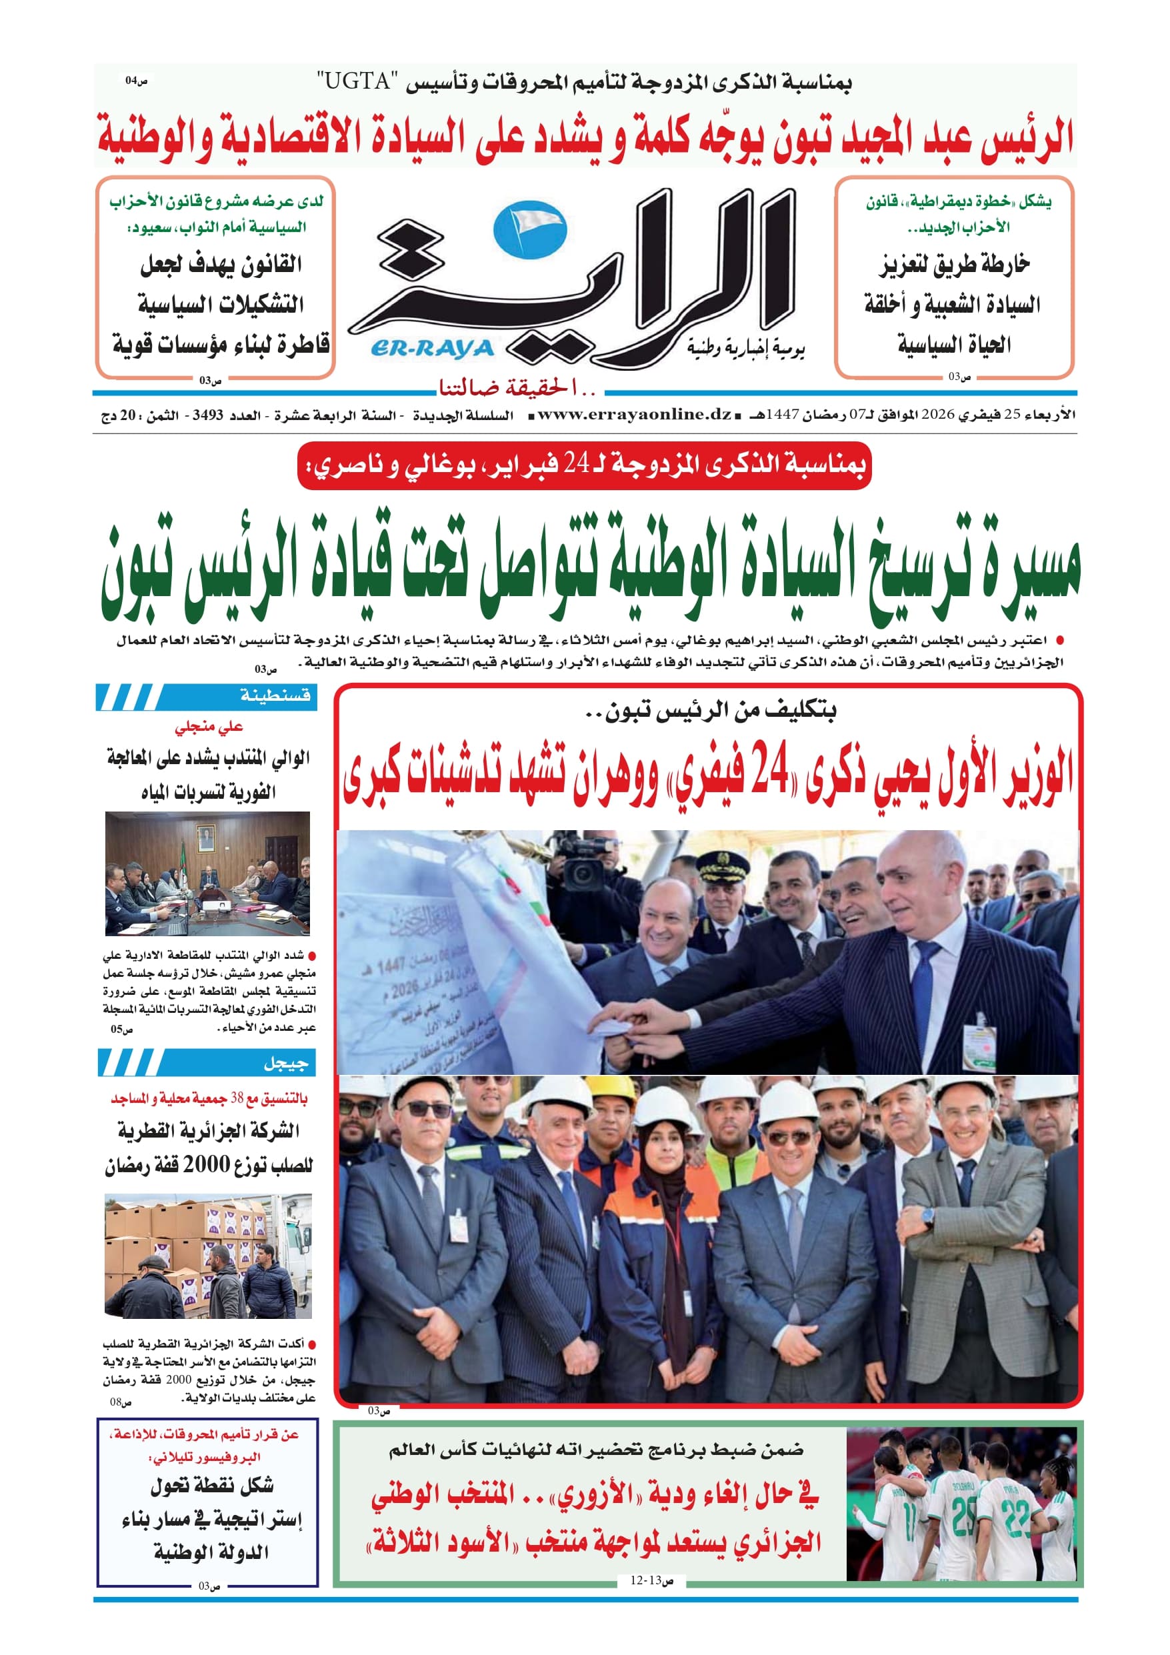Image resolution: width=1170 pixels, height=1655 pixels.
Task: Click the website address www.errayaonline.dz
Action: pos(635,415)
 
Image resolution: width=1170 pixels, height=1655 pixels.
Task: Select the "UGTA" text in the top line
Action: pos(357,82)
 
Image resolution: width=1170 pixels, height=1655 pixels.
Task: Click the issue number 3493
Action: pos(207,416)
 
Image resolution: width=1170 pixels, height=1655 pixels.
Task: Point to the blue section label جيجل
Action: pos(285,1062)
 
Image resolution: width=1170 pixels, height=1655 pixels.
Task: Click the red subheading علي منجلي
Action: pos(209,727)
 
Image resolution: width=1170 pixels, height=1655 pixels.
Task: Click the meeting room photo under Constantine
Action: pos(207,873)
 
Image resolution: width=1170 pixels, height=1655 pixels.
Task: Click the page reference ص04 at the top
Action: pos(135,81)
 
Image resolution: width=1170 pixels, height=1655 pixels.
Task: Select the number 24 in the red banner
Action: pos(576,465)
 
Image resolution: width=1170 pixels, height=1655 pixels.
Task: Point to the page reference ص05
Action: pos(121,1029)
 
